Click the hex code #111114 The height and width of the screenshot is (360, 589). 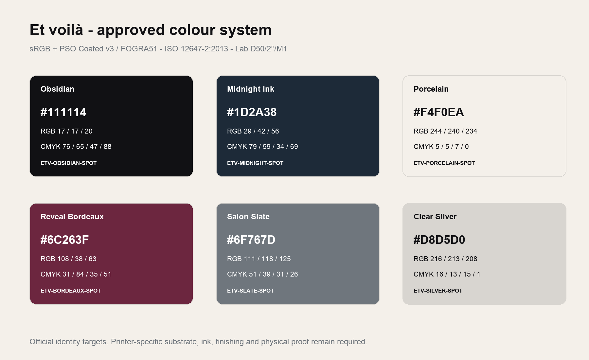pos(63,112)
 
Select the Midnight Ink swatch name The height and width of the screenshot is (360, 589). pos(251,89)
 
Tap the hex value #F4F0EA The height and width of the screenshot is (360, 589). pos(438,112)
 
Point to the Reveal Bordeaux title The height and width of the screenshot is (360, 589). pos(72,217)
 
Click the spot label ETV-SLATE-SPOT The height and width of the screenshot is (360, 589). pos(250,291)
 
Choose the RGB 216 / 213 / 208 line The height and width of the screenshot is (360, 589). pos(445,259)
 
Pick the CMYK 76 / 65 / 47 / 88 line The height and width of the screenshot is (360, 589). pos(76,147)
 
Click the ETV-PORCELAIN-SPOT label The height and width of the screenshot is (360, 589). pos(444,163)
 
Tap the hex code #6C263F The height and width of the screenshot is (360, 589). pos(64,240)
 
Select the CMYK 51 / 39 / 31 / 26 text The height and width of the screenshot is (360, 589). pos(262,274)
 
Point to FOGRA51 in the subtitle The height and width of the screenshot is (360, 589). pos(139,49)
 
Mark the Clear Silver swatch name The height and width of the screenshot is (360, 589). pos(435,217)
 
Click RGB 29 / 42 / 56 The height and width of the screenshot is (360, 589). pos(253,131)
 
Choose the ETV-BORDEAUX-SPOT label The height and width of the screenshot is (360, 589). pos(71,291)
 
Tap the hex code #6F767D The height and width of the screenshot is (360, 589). pos(251,240)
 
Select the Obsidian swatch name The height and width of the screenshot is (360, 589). pos(57,89)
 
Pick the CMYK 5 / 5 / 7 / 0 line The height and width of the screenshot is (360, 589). pos(441,147)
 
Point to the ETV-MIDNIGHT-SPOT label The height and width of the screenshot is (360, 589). pos(255,163)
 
